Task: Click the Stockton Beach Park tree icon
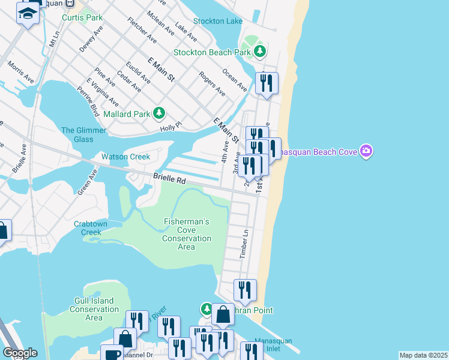click(x=260, y=52)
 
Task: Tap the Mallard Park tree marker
click(x=159, y=112)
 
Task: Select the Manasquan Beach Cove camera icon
click(x=365, y=151)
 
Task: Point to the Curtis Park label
click(x=86, y=17)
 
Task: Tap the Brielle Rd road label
click(x=169, y=178)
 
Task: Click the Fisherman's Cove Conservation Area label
click(x=187, y=234)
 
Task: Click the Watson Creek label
click(x=125, y=157)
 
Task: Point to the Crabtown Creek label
click(x=91, y=228)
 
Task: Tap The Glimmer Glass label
click(x=83, y=134)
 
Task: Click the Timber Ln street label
click(x=244, y=244)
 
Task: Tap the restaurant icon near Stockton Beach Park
click(x=267, y=83)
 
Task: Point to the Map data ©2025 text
click(x=423, y=355)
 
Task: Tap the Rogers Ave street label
click(x=212, y=85)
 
